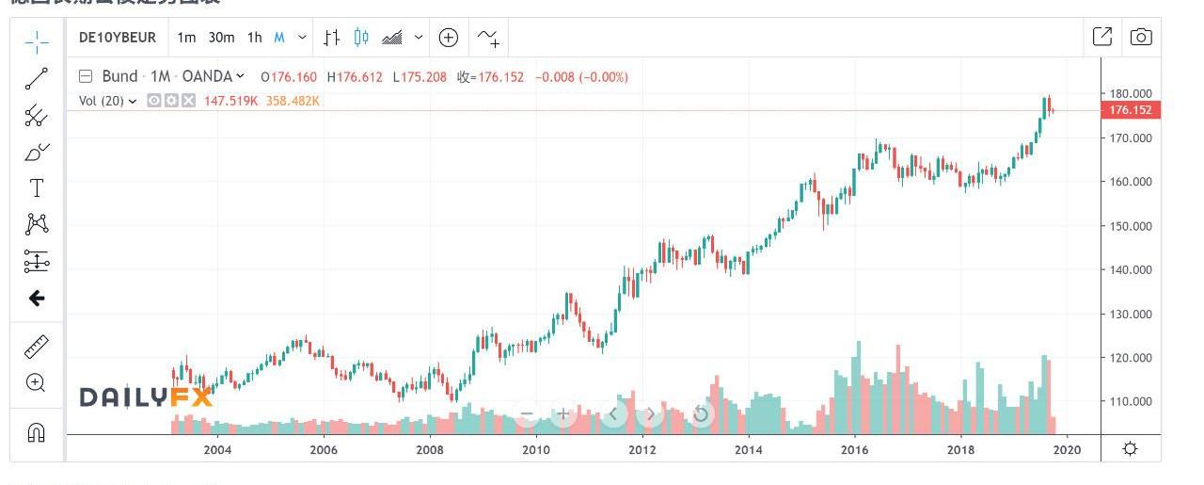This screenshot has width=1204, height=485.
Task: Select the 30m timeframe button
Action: tap(221, 38)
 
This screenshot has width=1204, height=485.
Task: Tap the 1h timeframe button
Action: tap(255, 38)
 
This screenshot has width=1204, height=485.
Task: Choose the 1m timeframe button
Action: tap(186, 38)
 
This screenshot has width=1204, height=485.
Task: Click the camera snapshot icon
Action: tap(1141, 37)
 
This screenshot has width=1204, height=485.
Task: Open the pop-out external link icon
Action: tap(1102, 37)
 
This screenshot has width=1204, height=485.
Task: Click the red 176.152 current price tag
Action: tap(1131, 110)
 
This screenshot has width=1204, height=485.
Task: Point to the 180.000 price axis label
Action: tap(1131, 94)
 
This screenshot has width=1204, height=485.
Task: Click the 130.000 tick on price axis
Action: tap(1131, 314)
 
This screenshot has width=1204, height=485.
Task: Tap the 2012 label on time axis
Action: tap(642, 449)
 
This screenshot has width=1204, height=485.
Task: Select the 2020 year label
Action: tap(1067, 449)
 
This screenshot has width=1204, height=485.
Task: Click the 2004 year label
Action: tap(217, 449)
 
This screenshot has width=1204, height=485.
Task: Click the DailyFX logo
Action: tap(146, 397)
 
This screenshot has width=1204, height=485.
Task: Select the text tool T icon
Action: tap(37, 187)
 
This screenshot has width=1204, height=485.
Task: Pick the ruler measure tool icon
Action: tap(37, 347)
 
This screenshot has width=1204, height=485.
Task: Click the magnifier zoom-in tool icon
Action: tap(37, 382)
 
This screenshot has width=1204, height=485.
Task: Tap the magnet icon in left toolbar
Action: tap(37, 433)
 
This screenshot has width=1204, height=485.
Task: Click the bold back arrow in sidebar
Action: tap(37, 299)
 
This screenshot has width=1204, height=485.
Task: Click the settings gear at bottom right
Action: tap(1131, 448)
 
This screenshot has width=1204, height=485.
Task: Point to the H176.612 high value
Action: tap(355, 77)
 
